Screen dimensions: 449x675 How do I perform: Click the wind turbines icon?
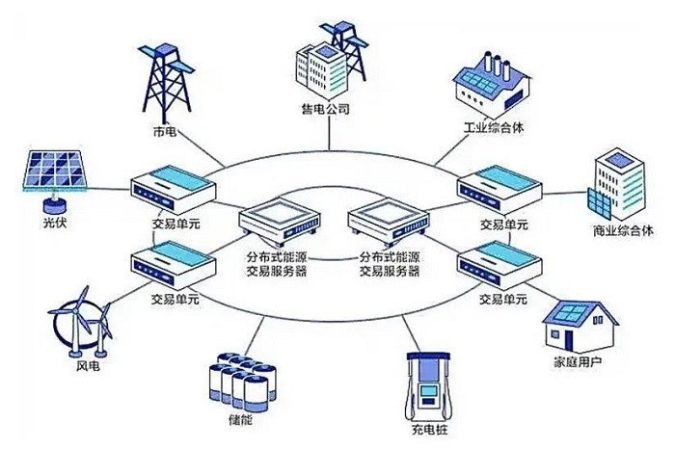[x=81, y=323]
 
